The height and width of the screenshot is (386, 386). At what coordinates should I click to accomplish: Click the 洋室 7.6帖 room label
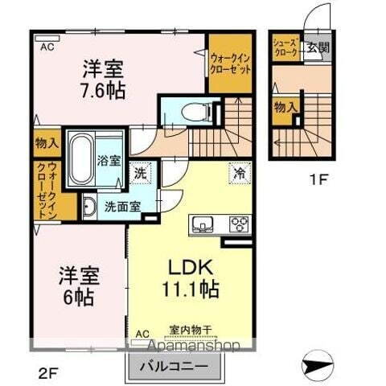click(x=104, y=78)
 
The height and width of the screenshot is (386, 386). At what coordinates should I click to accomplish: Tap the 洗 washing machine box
click(x=140, y=172)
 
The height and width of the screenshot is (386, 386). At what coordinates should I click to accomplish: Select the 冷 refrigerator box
click(x=239, y=172)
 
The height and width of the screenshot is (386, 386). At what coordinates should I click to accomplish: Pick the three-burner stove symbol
click(x=238, y=223)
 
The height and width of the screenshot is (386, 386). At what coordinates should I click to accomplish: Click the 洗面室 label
click(x=121, y=205)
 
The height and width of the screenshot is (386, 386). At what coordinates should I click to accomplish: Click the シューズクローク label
click(x=286, y=47)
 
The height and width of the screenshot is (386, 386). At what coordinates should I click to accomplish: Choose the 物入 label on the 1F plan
click(x=283, y=107)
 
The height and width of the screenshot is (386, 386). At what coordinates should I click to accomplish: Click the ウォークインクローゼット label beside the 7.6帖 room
click(x=229, y=63)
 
